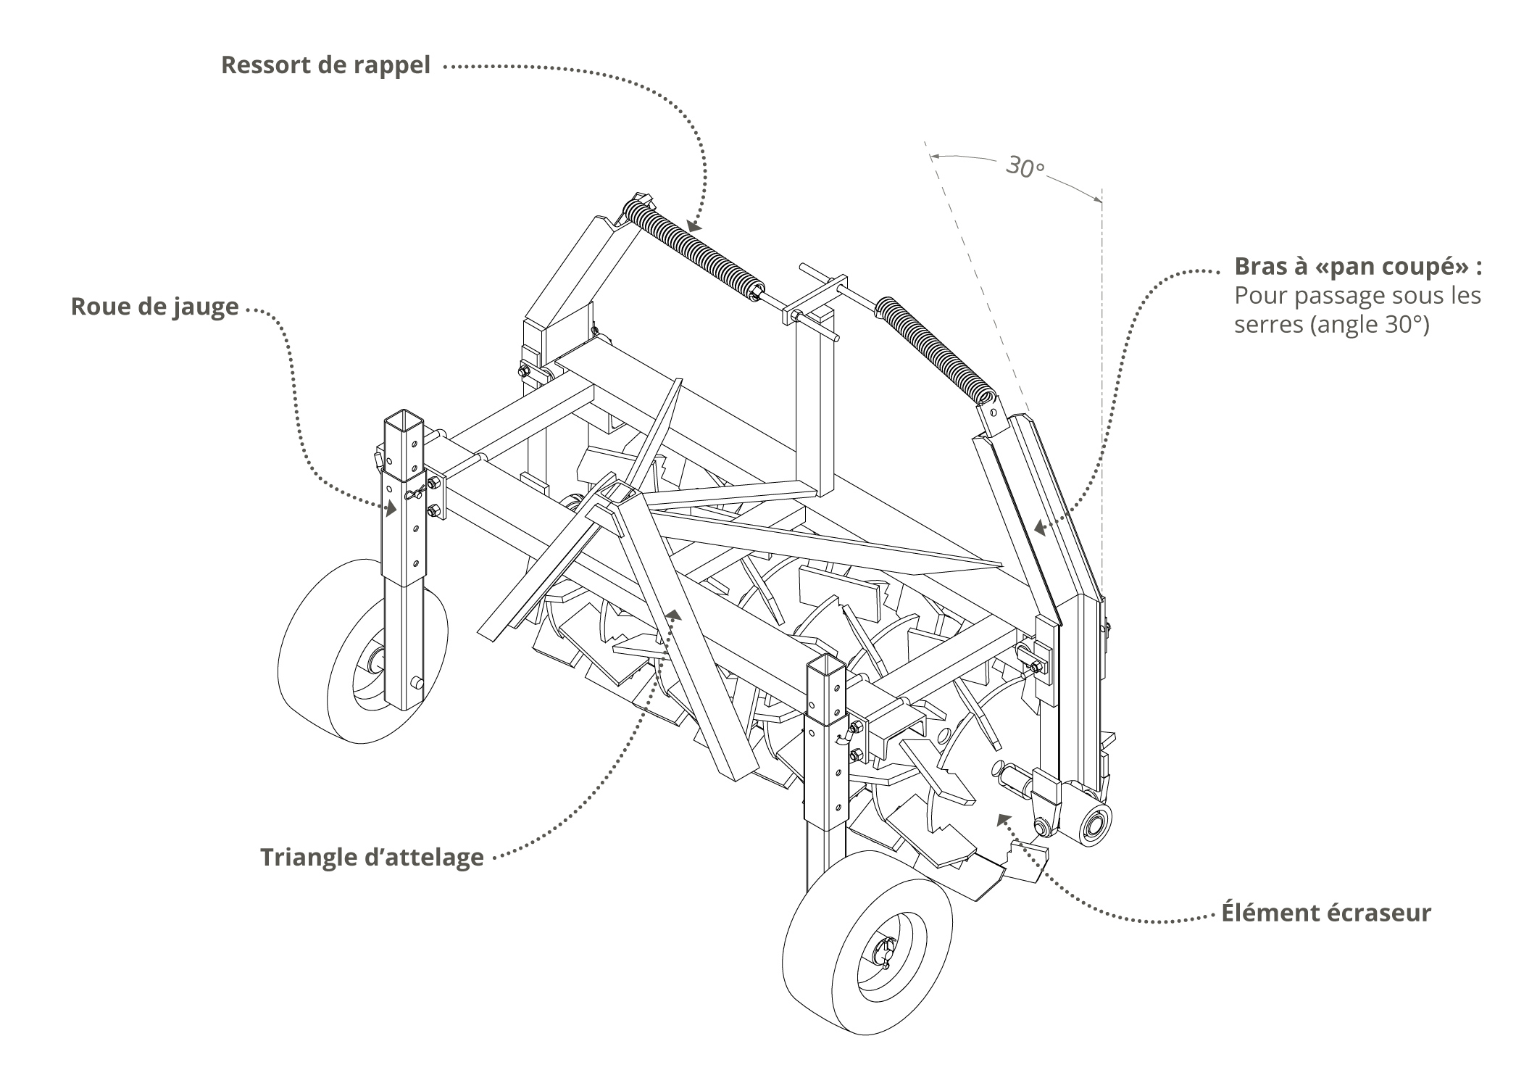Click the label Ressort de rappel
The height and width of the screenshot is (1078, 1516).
point(325,65)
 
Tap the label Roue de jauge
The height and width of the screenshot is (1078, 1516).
point(154,307)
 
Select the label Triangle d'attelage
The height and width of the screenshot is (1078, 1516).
point(372,857)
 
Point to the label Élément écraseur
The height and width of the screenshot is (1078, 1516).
point(1326,912)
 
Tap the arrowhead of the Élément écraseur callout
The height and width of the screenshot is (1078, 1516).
point(1003,820)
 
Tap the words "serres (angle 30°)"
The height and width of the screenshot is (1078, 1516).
point(1331,324)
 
